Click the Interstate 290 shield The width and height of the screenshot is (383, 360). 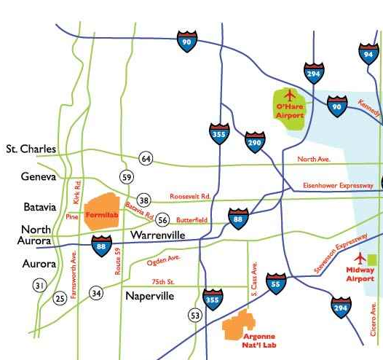[x=255, y=141]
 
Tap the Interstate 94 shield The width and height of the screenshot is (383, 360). [x=369, y=53]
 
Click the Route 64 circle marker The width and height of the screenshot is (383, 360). [x=146, y=159]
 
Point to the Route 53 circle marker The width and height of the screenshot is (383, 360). [x=195, y=315]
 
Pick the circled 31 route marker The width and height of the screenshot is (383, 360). [x=39, y=286]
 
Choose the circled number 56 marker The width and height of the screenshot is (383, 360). [x=162, y=220]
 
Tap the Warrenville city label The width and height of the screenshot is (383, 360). [x=159, y=235]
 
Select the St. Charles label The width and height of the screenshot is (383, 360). [x=31, y=149]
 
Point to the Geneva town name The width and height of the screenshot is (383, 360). [x=39, y=176]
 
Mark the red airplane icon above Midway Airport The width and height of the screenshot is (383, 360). [x=359, y=258]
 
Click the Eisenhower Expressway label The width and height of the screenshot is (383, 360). [x=338, y=186]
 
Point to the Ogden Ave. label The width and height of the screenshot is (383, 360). [x=164, y=260]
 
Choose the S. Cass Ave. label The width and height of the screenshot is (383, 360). [x=254, y=278]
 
